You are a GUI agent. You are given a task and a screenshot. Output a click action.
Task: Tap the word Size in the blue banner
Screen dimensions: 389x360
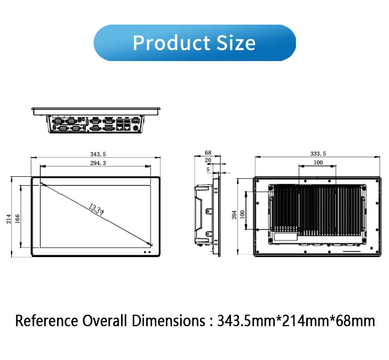[x=236, y=43]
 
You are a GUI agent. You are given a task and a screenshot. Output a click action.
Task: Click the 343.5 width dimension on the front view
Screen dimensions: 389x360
[x=98, y=154]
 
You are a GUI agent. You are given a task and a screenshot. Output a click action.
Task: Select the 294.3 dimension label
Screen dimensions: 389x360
[x=98, y=163]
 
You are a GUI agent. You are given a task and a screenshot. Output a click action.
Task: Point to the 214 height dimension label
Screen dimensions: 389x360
[x=9, y=219]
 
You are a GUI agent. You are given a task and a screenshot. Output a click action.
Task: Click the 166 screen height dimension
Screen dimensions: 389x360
[x=17, y=219]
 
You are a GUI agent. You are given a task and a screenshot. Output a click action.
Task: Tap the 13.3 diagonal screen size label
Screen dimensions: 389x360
[x=97, y=209]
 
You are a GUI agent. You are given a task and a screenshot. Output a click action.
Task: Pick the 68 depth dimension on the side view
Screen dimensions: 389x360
[x=208, y=153]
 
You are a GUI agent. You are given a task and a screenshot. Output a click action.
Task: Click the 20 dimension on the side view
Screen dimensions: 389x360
[x=208, y=160]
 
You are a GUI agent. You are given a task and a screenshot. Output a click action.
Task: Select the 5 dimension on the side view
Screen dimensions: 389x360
[x=208, y=169]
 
